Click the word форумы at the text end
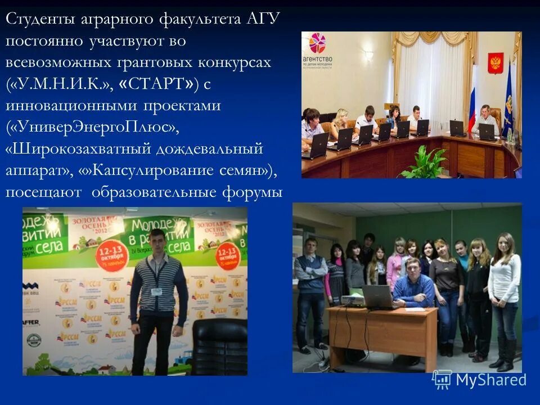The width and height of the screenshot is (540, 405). tap(253, 192)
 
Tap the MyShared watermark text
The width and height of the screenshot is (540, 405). tap(490, 380)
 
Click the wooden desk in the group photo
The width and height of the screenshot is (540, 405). tap(382, 332)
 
